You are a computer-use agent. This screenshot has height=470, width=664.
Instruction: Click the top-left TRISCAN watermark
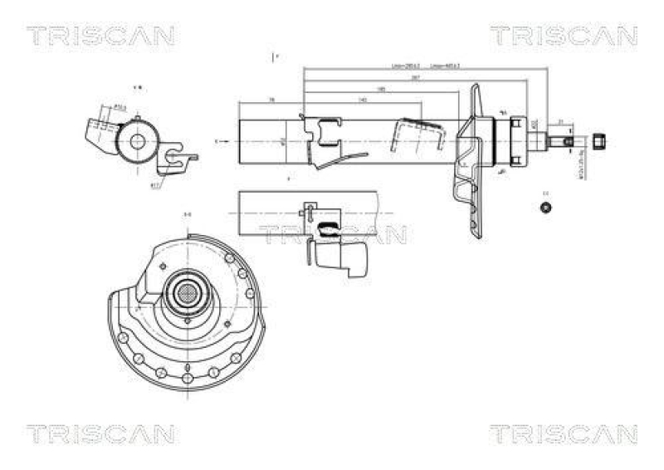tap(100, 36)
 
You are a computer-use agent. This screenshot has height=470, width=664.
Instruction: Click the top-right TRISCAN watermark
tap(563, 36)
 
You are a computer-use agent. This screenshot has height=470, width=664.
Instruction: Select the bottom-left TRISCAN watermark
tap(100, 433)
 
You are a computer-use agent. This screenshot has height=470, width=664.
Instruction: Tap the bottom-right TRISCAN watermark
tap(563, 433)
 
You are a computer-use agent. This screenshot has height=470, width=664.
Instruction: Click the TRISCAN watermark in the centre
tap(332, 235)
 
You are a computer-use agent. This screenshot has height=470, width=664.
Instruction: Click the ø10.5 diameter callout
tap(119, 106)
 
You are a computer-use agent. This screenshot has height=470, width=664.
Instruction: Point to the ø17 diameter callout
tap(155, 185)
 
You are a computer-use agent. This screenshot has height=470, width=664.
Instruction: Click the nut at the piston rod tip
tap(601, 141)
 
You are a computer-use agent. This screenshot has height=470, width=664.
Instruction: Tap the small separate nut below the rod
tap(545, 207)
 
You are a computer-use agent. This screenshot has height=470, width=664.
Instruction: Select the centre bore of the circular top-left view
tap(136, 141)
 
